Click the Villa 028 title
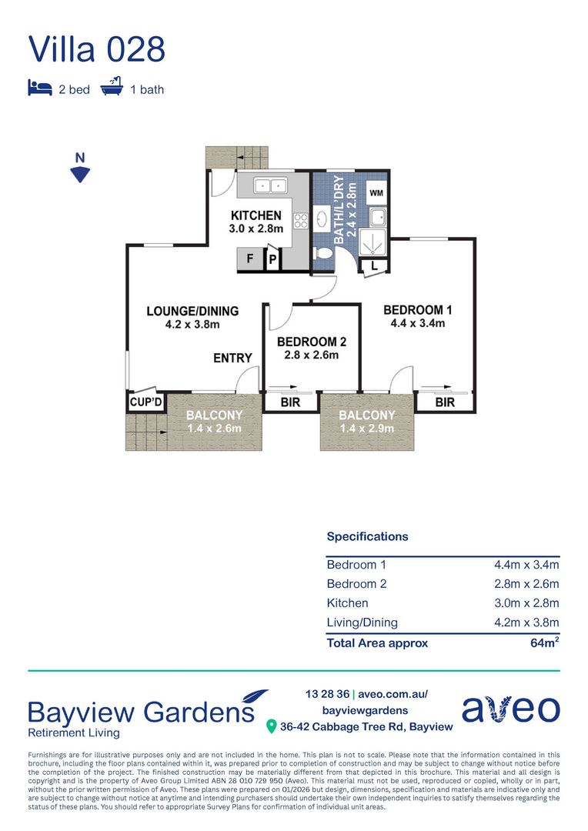click(x=96, y=48)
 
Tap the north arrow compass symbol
click(x=80, y=168)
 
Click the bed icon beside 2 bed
click(x=40, y=88)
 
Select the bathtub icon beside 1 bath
click(x=112, y=86)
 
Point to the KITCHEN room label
click(x=256, y=215)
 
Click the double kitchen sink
click(x=270, y=185)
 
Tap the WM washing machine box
click(x=376, y=193)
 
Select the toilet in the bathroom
click(x=323, y=254)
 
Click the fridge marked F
click(x=250, y=259)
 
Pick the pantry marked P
click(x=272, y=259)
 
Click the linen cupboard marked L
click(x=374, y=266)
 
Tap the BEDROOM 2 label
click(x=312, y=342)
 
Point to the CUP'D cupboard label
click(x=145, y=402)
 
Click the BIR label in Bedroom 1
click(x=445, y=402)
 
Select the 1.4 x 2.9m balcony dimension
click(x=367, y=429)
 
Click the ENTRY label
click(x=232, y=359)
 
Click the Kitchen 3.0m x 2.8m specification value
click(x=526, y=603)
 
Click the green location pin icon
click(x=271, y=726)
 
